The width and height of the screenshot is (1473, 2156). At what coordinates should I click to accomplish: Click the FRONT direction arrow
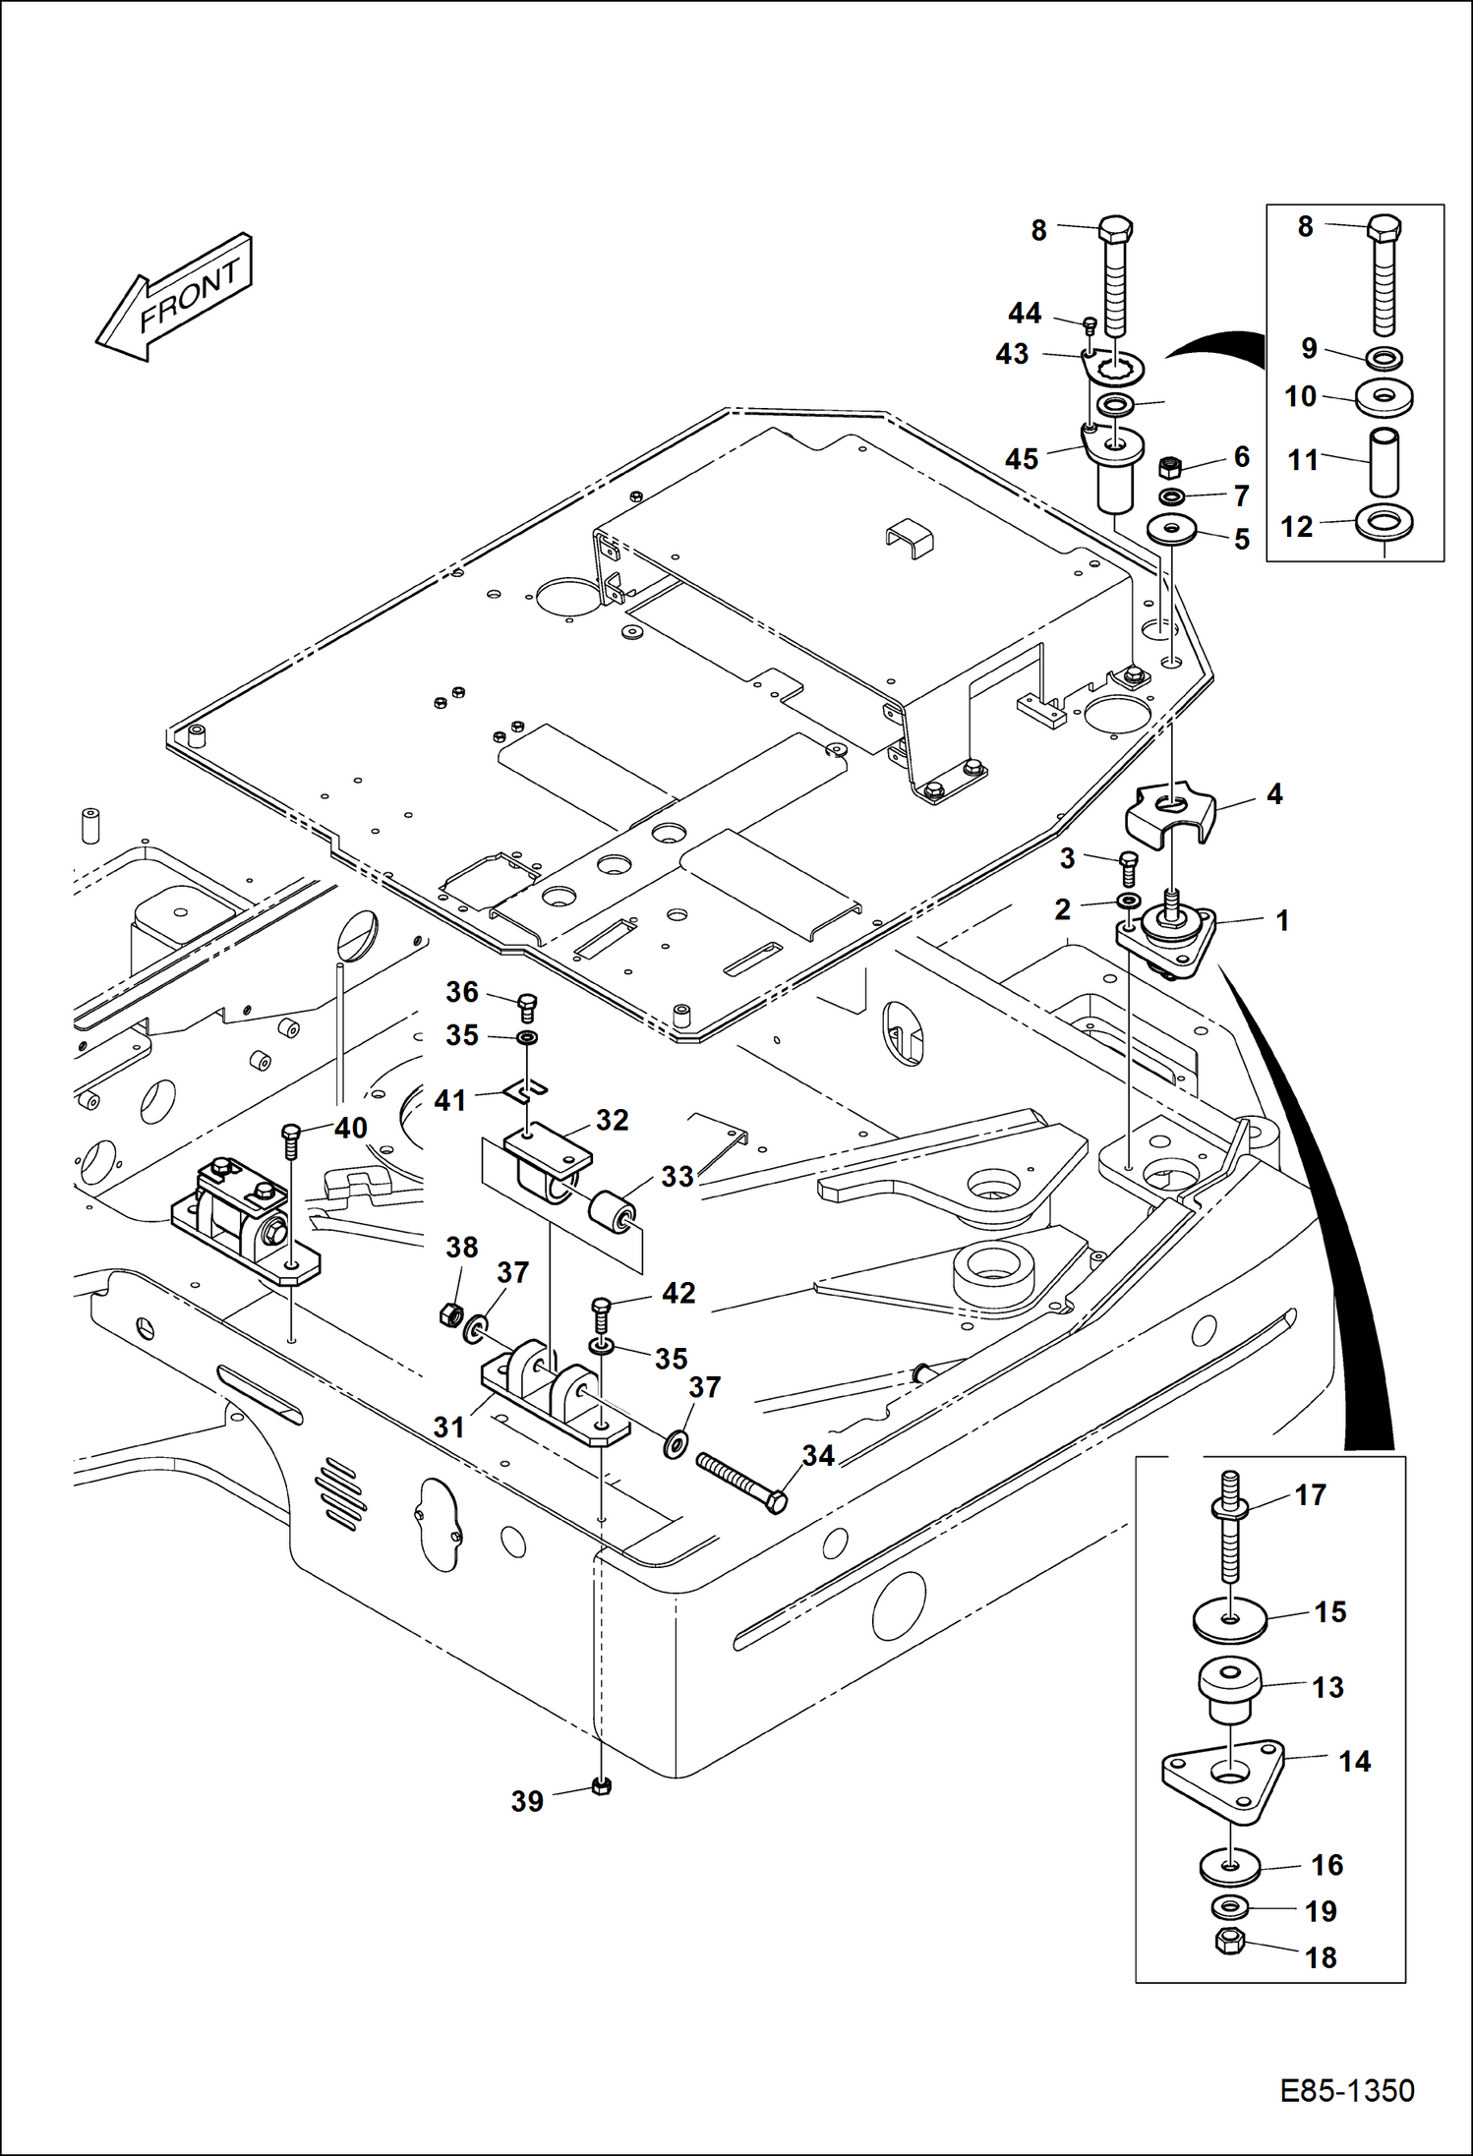[175, 298]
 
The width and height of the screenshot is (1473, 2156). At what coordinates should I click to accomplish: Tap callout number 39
[527, 1800]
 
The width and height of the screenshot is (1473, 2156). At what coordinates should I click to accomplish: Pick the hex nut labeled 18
[1229, 1940]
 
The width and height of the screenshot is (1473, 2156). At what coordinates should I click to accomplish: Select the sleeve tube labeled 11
[1385, 461]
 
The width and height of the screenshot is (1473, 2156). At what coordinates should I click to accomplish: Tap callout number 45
[1022, 458]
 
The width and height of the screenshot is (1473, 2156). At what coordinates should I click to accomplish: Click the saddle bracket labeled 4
[1168, 810]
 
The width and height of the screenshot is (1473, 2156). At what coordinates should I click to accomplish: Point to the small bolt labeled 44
[1089, 324]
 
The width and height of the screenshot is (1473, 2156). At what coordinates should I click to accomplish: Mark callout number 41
[449, 1100]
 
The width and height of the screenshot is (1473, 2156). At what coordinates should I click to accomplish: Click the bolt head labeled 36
[528, 1004]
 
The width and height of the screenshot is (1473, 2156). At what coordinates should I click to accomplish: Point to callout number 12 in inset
[1297, 527]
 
